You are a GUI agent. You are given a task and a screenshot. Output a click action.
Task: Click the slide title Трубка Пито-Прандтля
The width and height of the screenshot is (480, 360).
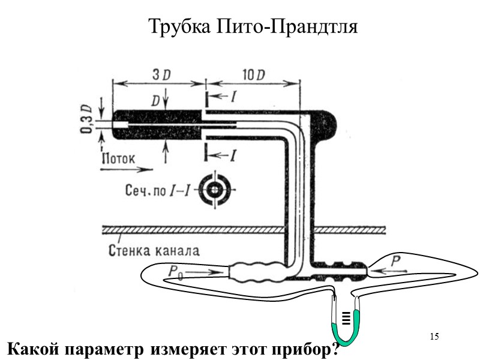click(252, 27)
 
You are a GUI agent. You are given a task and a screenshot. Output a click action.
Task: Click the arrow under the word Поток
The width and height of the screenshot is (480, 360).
click(118, 170)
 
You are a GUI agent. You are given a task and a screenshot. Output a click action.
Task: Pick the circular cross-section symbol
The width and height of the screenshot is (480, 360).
click(214, 191)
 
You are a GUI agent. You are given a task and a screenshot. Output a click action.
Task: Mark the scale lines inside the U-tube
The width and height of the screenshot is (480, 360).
click(346, 317)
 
